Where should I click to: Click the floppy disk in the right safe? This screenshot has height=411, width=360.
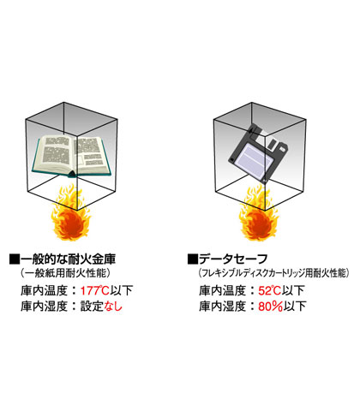tap(259, 153)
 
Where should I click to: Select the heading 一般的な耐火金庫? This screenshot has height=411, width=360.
tap(68, 259)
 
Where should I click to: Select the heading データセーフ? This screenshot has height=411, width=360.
tap(233, 259)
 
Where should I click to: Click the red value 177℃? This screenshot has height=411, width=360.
tap(94, 291)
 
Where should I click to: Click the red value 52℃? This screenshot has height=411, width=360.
tap(270, 291)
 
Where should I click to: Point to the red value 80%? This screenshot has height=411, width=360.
tap(271, 307)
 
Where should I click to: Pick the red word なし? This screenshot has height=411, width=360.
tap(113, 307)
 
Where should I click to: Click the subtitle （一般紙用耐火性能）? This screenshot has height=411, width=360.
tap(65, 273)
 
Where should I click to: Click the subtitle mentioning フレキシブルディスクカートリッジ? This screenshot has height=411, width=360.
tap(273, 273)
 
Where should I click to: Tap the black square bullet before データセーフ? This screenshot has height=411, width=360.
tap(193, 259)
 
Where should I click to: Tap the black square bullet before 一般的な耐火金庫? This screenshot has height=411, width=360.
tap(15, 259)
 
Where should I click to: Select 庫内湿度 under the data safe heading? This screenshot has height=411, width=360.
tap(222, 307)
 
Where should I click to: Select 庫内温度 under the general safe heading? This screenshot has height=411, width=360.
tap(44, 291)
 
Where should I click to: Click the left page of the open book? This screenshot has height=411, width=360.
tap(56, 152)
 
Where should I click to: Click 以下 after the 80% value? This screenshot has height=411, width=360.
tap(295, 307)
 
